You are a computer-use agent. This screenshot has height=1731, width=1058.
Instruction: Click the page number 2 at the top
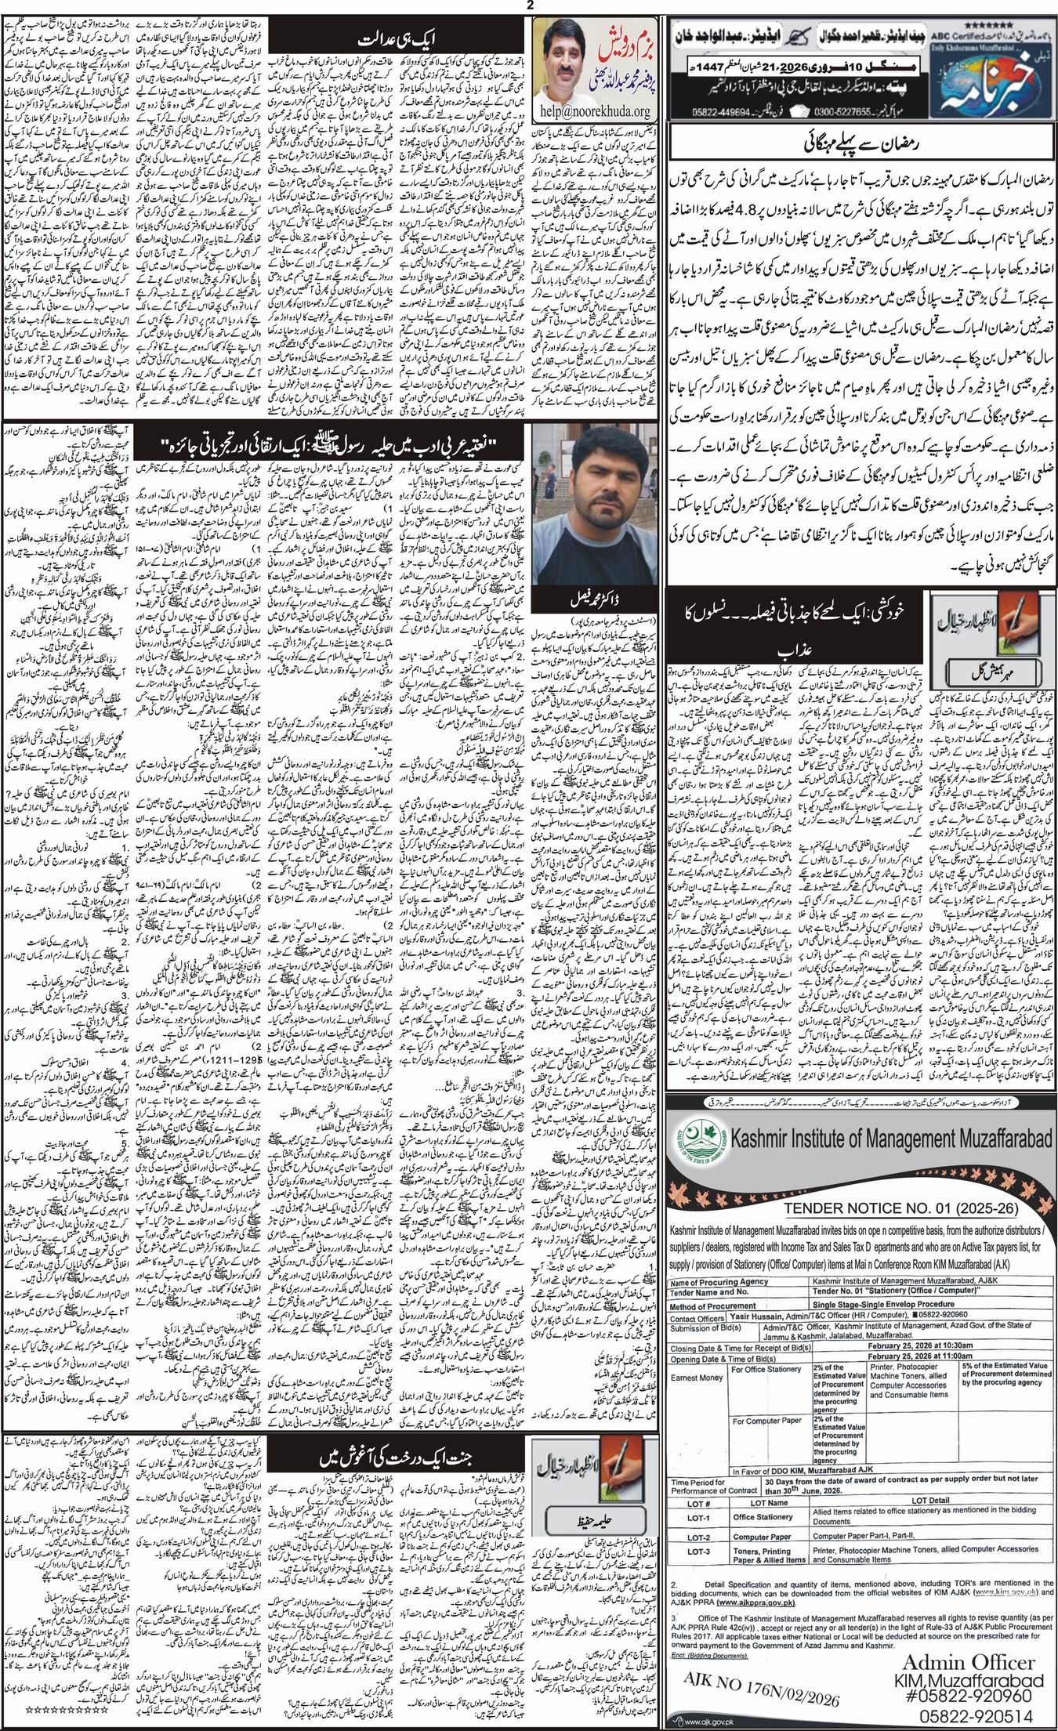tap(530, 6)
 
